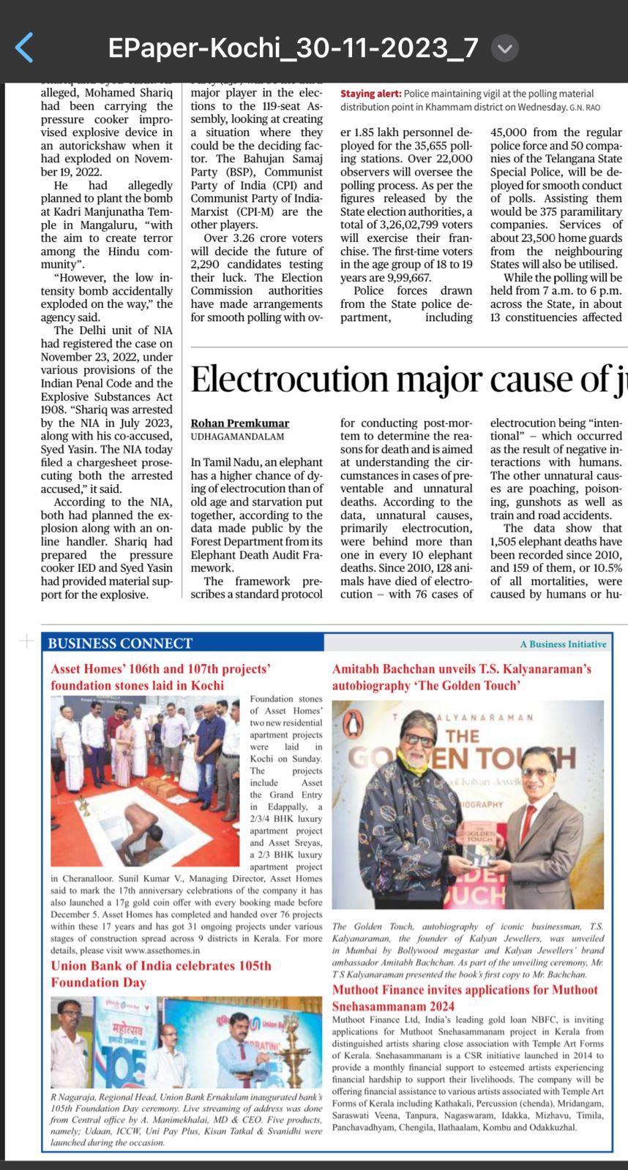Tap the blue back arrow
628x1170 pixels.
coord(24,48)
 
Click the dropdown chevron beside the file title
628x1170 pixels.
coord(504,48)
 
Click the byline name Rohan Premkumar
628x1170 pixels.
coord(239,423)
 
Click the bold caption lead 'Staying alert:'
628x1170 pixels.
coord(370,94)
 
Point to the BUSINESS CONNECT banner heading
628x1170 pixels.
coord(120,643)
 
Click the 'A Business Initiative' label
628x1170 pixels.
coord(563,644)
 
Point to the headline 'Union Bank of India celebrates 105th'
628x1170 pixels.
coord(161,966)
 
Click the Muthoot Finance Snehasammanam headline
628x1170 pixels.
coord(465,998)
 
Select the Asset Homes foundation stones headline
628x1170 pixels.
coord(161,677)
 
